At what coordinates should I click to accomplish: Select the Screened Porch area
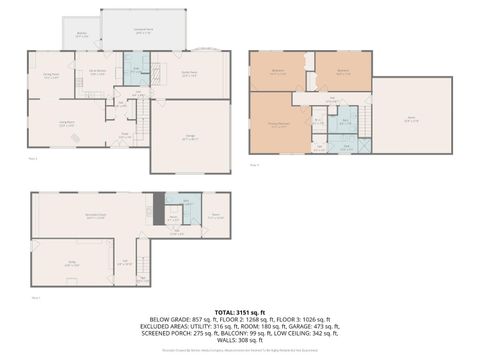(x=143, y=31)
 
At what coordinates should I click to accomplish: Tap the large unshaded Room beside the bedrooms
(x=411, y=116)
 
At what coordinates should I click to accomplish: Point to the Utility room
(x=72, y=262)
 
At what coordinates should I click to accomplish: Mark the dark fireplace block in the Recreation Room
(x=154, y=212)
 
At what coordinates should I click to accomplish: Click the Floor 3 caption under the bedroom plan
(x=254, y=164)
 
